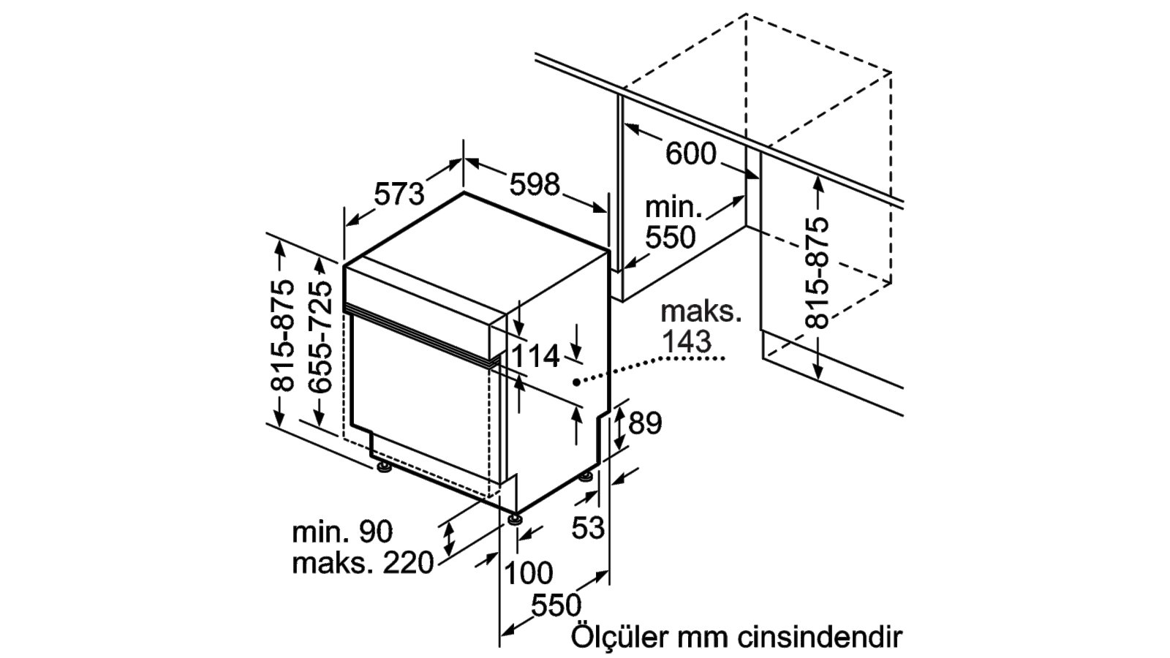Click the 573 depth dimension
pos(399,194)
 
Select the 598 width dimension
pos(535,184)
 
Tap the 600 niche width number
pos(691,154)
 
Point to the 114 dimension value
pos(535,357)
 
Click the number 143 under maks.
pos(687,341)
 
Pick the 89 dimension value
pos(645,423)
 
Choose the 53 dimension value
pos(588,527)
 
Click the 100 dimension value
pos(529,572)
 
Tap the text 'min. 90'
pos(342,532)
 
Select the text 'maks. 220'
pos(363,563)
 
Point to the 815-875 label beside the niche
pos(818,273)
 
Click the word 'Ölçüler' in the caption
pos(619,637)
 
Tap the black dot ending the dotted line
pos(576,382)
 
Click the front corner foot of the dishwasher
pos(515,520)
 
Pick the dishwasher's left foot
pos(385,468)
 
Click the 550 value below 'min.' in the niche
pos(671,237)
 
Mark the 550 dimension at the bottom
pos(556,605)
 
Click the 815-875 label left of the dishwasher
pos(282,336)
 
